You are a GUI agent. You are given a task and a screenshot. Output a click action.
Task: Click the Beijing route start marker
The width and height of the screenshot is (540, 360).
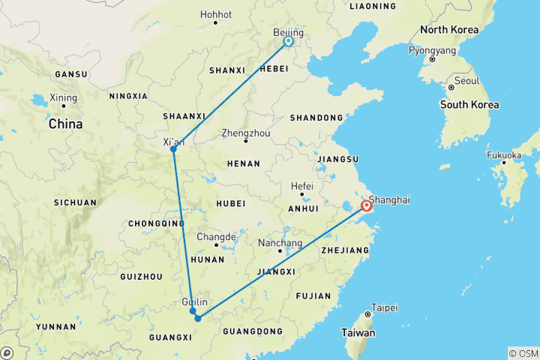pyautogui.click(x=288, y=42)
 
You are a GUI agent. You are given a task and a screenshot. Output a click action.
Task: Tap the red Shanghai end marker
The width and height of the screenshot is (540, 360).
pyautogui.click(x=367, y=206)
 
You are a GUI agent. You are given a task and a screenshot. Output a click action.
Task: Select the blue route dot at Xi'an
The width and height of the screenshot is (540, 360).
pyautogui.click(x=173, y=148)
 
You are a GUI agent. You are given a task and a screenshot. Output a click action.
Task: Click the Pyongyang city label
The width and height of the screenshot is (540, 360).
pyautogui.click(x=432, y=51)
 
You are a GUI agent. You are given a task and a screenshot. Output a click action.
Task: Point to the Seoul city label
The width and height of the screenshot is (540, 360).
pyautogui.click(x=466, y=80)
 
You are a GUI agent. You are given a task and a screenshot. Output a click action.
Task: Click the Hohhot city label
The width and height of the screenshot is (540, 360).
pyautogui.click(x=217, y=14)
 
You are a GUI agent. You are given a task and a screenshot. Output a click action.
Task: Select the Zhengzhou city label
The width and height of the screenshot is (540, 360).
pyautogui.click(x=245, y=133)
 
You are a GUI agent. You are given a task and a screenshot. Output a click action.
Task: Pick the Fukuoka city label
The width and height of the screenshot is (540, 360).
pyautogui.click(x=502, y=155)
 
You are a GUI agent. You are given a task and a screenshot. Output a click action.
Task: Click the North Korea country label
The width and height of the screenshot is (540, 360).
pyautogui.click(x=448, y=30)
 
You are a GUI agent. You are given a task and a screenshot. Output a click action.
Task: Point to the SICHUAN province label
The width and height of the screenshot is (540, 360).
pyautogui.click(x=75, y=202)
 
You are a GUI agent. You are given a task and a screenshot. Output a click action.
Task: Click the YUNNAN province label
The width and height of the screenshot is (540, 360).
pyautogui.click(x=55, y=327)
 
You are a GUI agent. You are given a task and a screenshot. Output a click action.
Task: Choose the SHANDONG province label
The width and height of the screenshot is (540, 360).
pyautogui.click(x=317, y=118)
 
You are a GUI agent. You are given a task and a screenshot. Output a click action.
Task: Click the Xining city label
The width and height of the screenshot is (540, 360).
pyautogui.click(x=63, y=97)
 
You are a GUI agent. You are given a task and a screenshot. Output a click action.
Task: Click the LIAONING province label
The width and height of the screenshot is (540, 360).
pyautogui.click(x=372, y=6)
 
